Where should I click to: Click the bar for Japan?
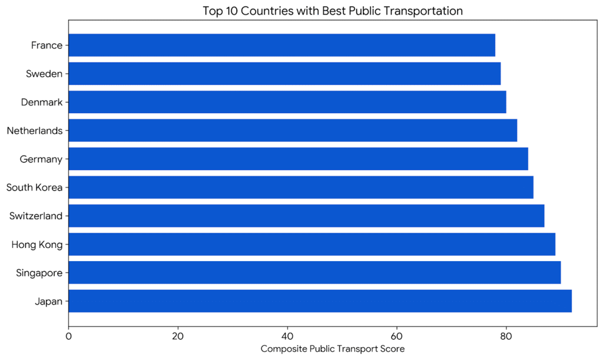pos(320,301)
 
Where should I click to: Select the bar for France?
pos(281,45)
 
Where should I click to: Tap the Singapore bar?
pos(314,273)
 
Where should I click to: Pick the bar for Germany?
pos(298,159)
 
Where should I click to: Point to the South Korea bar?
pos(301,187)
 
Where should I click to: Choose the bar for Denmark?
pos(287,102)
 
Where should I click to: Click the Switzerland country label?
pos(35,216)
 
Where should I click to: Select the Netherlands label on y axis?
pos(34,131)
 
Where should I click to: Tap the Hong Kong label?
pos(37,245)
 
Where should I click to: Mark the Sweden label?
pos(44,74)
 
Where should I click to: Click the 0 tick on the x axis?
pos(69,337)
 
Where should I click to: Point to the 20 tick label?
pos(178,337)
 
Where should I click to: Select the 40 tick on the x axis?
pos(287,337)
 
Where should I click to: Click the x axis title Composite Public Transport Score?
pos(333,349)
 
